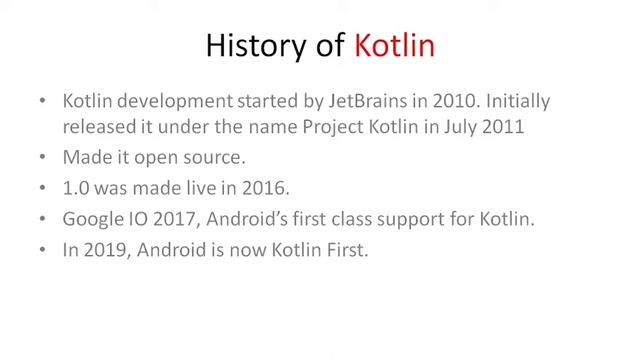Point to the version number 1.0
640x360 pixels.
75,188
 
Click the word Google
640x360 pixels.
91,219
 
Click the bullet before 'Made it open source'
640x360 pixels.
39,159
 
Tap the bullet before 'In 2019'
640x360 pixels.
39,251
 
